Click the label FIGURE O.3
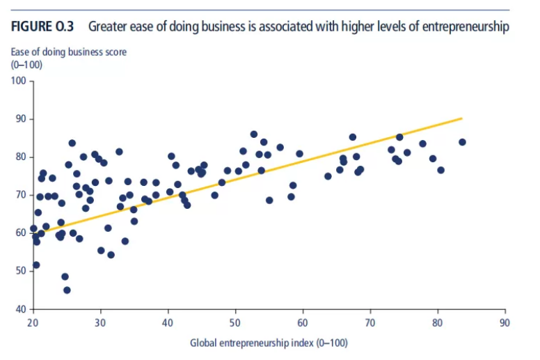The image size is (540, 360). point(42,27)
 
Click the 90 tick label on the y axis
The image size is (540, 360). point(21,119)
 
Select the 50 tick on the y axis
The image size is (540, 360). point(21,270)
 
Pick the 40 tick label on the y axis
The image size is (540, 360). point(21,308)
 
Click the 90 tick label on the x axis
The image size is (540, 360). point(505,322)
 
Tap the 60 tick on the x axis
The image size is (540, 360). point(302,322)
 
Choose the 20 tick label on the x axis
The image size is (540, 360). point(33,322)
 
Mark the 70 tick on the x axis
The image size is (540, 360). point(370,322)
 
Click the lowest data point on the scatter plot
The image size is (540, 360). point(67,290)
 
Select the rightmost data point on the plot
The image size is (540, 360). point(461,142)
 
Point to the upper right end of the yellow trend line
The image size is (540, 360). point(462,118)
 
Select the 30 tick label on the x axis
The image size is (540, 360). point(100,322)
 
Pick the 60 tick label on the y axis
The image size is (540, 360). point(21,233)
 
